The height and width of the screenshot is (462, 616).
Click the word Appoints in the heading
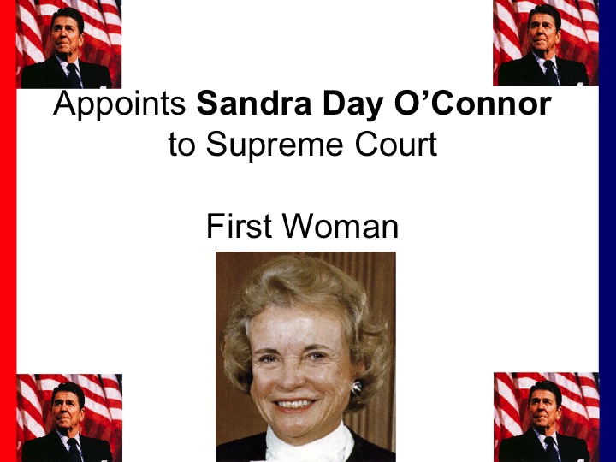pyautogui.click(x=120, y=104)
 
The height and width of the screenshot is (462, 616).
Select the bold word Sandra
pyautogui.click(x=254, y=104)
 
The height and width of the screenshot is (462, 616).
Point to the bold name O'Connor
pyautogui.click(x=472, y=104)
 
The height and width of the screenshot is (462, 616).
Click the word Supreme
pyautogui.click(x=275, y=145)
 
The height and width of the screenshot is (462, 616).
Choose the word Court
pyautogui.click(x=396, y=144)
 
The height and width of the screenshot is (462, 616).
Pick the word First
pyautogui.click(x=239, y=226)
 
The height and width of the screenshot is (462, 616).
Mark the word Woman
pyautogui.click(x=341, y=226)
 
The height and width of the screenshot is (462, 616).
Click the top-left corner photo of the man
pyautogui.click(x=68, y=44)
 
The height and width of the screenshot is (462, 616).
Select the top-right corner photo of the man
pyautogui.click(x=546, y=43)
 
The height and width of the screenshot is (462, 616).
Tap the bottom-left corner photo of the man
pyautogui.click(x=69, y=418)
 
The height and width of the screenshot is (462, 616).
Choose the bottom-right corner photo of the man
pyautogui.click(x=547, y=418)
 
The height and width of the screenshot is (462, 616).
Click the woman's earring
pyautogui.click(x=357, y=388)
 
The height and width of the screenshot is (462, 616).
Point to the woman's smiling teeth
pyautogui.click(x=294, y=404)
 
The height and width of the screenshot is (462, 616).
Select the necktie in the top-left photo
pyautogui.click(x=74, y=75)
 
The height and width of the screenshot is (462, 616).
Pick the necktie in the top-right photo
pyautogui.click(x=551, y=72)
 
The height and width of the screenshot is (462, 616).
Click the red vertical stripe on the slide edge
pyautogui.click(x=8, y=231)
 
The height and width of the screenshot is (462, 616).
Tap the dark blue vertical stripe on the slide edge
pyautogui.click(x=607, y=231)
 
